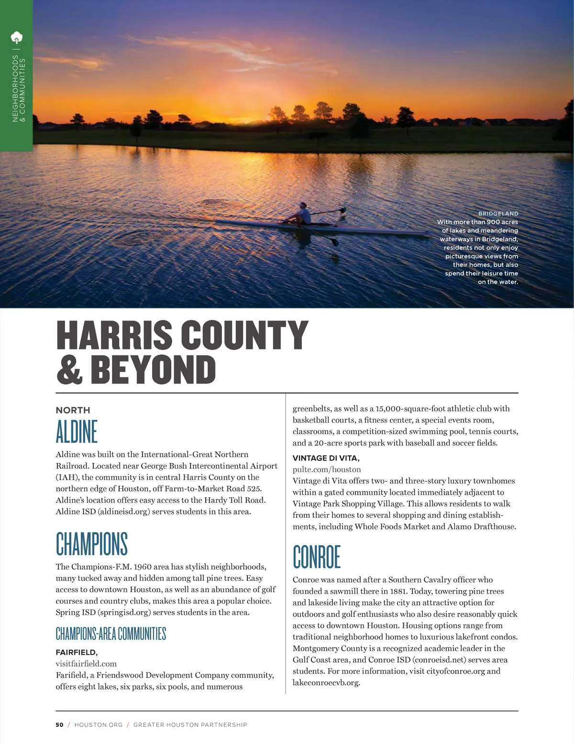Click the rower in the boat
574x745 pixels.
coord(302,213)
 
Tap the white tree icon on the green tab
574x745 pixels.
coord(16,37)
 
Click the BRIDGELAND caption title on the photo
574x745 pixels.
coord(498,214)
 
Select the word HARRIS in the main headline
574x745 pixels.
coord(114,335)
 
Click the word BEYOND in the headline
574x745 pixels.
coord(153,370)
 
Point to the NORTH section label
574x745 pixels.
coord(73,410)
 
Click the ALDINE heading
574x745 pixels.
coord(77,431)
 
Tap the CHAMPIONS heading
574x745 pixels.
coord(92,544)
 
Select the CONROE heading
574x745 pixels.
coord(317,557)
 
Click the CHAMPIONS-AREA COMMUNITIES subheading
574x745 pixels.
coord(111,634)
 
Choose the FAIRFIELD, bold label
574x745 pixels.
coord(77,652)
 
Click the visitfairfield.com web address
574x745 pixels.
coord(86,664)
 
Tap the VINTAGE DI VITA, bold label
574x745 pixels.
coord(326,458)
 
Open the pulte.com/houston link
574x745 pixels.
coord(327,470)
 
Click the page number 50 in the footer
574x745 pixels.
coord(59,725)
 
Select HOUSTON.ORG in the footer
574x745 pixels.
coord(99,725)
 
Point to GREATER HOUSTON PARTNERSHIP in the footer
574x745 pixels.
coord(190,725)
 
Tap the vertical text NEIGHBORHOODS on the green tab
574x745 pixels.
coord(15,88)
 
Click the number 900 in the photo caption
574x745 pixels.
coord(493,222)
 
